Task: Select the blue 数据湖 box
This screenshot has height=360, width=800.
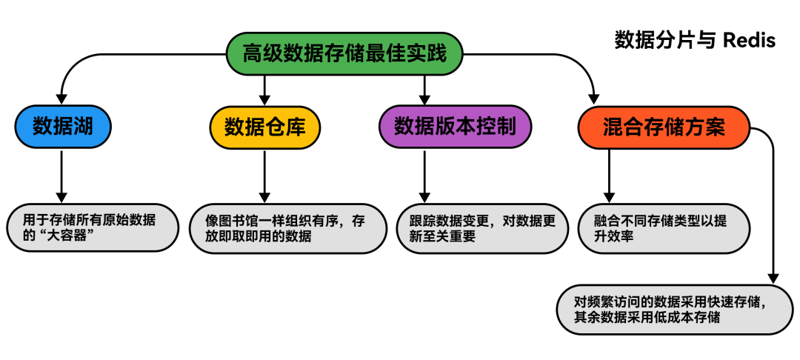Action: tap(62, 127)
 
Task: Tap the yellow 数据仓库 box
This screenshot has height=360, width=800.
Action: tap(264, 127)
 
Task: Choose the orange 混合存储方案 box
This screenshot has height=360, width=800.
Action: tap(664, 127)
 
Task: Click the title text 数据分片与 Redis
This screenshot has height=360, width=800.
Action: tap(694, 40)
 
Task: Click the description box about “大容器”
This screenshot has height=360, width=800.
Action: tap(92, 227)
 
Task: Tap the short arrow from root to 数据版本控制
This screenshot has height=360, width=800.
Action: tap(424, 89)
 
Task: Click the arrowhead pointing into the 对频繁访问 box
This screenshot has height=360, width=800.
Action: tap(774, 276)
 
